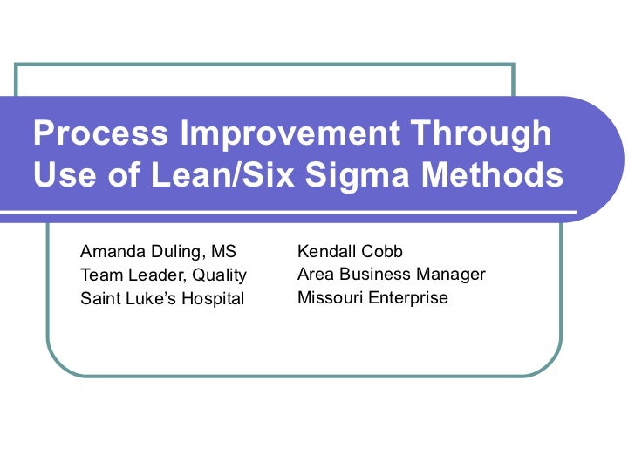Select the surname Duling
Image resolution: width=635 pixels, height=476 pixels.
coord(175,252)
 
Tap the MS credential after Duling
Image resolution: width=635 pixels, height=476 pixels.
coord(224,252)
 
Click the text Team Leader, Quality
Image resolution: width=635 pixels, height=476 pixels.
coord(163,275)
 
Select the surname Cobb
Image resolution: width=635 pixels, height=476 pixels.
coord(383,252)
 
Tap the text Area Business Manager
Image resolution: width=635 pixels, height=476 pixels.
coord(391,275)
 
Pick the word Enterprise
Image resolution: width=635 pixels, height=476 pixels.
coord(408,298)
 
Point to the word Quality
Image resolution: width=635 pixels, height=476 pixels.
coord(219,275)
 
